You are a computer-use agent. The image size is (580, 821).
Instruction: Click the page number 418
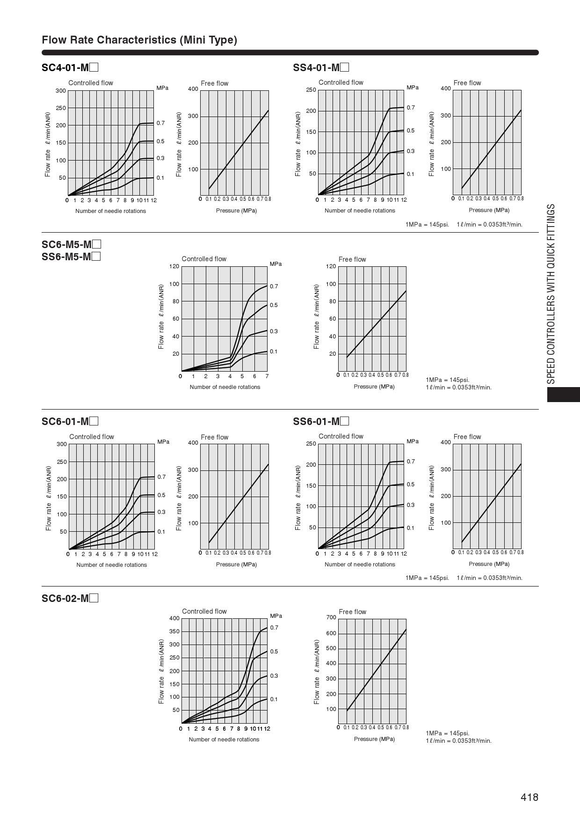[x=529, y=797]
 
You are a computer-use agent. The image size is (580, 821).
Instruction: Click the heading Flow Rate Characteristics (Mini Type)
[x=139, y=40]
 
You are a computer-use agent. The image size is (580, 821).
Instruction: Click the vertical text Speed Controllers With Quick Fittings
[x=551, y=293]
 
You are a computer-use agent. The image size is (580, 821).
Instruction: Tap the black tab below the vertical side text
[x=563, y=394]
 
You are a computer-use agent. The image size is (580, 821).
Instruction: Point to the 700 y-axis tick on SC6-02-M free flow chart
[x=331, y=617]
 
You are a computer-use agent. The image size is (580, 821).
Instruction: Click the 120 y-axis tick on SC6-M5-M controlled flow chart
[x=174, y=266]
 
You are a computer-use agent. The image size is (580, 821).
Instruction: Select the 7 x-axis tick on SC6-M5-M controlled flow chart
[x=267, y=376]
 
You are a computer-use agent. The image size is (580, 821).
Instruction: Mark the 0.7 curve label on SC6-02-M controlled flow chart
[x=274, y=628]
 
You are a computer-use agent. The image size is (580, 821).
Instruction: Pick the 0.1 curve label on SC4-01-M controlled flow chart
[x=160, y=178]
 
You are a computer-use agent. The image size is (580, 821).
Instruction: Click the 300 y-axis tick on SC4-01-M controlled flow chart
[x=61, y=91]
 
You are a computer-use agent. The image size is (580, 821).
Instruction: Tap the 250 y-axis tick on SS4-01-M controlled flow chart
[x=311, y=90]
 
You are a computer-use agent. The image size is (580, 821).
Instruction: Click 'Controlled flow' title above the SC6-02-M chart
[x=204, y=611]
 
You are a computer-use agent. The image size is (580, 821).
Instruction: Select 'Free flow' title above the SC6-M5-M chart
[x=352, y=259]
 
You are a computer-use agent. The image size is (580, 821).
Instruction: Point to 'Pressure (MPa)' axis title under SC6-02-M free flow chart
[x=374, y=739]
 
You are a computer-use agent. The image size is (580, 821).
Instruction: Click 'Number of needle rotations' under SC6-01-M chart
[x=111, y=565]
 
